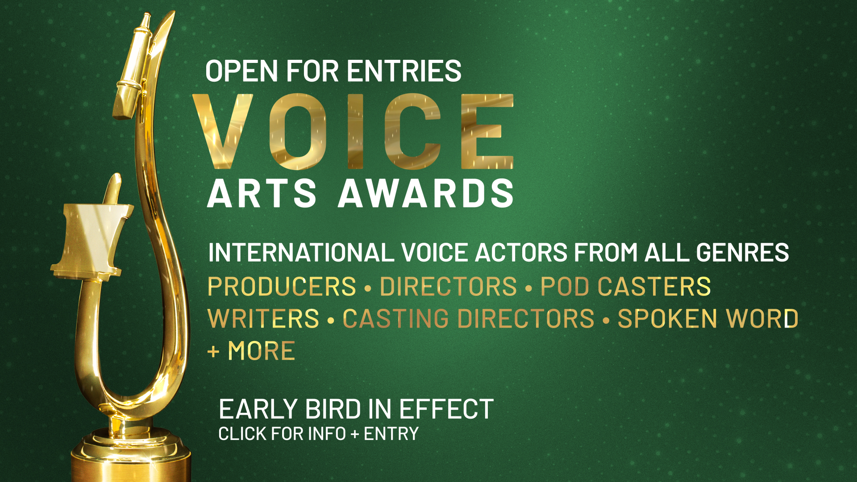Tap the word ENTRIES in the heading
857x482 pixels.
pos(404,71)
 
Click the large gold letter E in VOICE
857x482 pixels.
pos(487,131)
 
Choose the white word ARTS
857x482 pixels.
pos(262,193)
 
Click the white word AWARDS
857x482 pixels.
pos(426,193)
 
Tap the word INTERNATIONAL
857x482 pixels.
pos(301,253)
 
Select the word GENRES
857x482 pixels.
pos(742,253)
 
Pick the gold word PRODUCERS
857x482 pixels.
pos(282,287)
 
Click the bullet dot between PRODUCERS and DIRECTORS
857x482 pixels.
pos(368,288)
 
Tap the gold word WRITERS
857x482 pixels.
pos(264,319)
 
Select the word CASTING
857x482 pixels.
pos(395,319)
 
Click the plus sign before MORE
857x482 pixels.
pos(213,352)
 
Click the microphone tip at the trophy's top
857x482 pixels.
pos(146,20)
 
